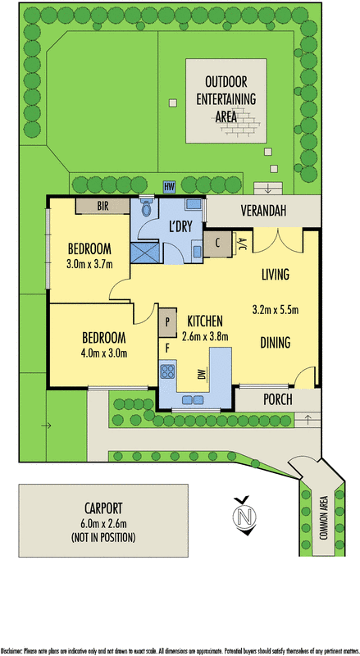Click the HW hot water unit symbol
click(x=170, y=186)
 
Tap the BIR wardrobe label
click(x=103, y=206)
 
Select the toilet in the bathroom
click(x=147, y=209)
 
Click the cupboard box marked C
click(x=218, y=243)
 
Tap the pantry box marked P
click(x=168, y=321)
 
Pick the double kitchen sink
click(x=194, y=400)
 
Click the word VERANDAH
click(x=263, y=212)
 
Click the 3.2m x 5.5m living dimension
click(x=275, y=309)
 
